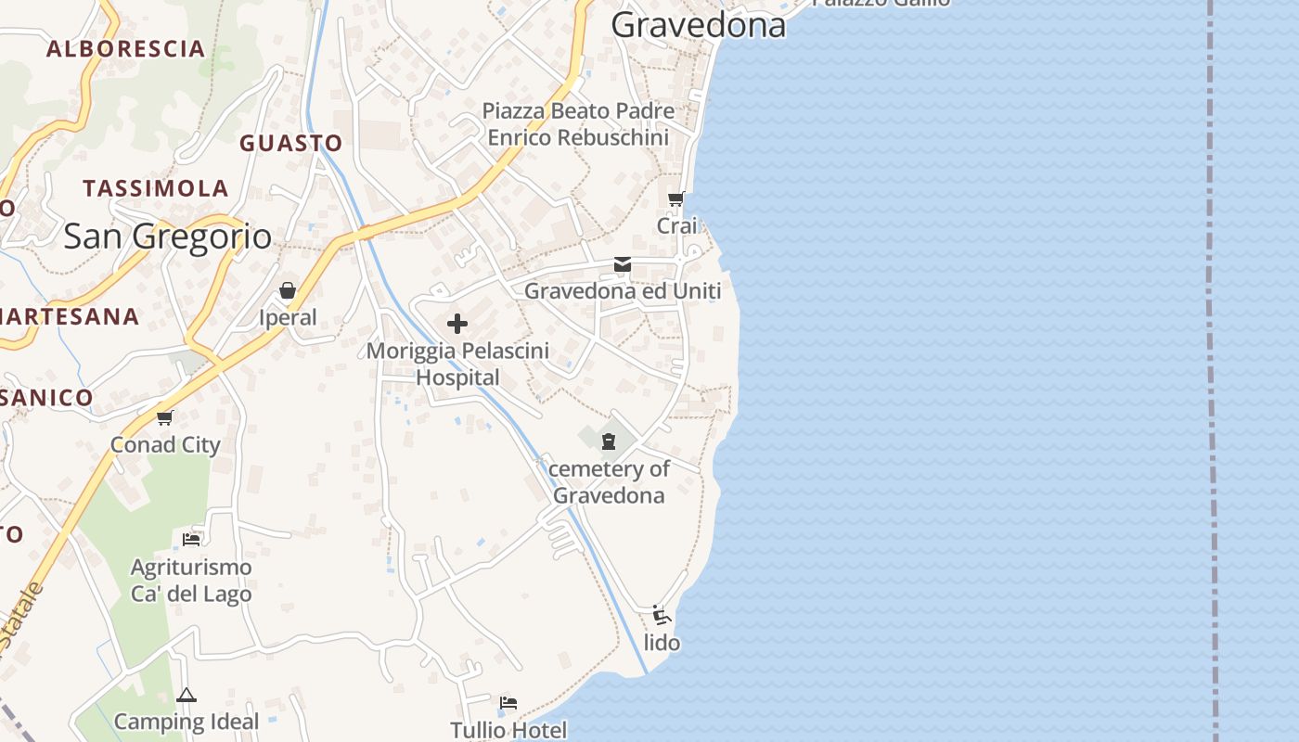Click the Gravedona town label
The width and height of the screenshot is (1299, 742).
(x=698, y=25)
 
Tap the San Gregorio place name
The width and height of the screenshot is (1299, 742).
(x=167, y=237)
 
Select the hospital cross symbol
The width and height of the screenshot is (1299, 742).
(x=457, y=324)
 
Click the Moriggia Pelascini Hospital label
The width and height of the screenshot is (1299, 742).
(x=457, y=364)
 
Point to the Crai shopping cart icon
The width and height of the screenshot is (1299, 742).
(x=676, y=198)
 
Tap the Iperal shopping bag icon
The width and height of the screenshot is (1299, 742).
(x=288, y=291)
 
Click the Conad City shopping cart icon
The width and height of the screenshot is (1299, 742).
(x=165, y=417)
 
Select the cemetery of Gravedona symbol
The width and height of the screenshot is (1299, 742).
(x=609, y=441)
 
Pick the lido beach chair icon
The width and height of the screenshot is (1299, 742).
(x=662, y=615)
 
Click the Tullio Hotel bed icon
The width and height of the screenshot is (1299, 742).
(x=508, y=702)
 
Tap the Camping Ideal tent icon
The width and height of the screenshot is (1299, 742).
(x=186, y=695)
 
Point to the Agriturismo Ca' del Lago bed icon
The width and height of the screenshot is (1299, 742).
(x=191, y=539)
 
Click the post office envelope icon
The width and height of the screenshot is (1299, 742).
(x=623, y=265)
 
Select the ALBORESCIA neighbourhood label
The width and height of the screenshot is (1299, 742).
(x=125, y=49)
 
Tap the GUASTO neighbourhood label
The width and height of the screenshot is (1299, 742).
(x=291, y=143)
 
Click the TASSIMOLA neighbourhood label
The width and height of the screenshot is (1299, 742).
(x=156, y=188)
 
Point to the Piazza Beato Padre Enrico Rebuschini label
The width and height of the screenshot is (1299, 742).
(x=578, y=124)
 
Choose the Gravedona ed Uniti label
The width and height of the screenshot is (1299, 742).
(x=623, y=291)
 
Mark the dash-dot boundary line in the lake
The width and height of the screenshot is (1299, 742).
(x=1211, y=371)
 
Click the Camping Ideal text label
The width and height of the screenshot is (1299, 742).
(x=186, y=721)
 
